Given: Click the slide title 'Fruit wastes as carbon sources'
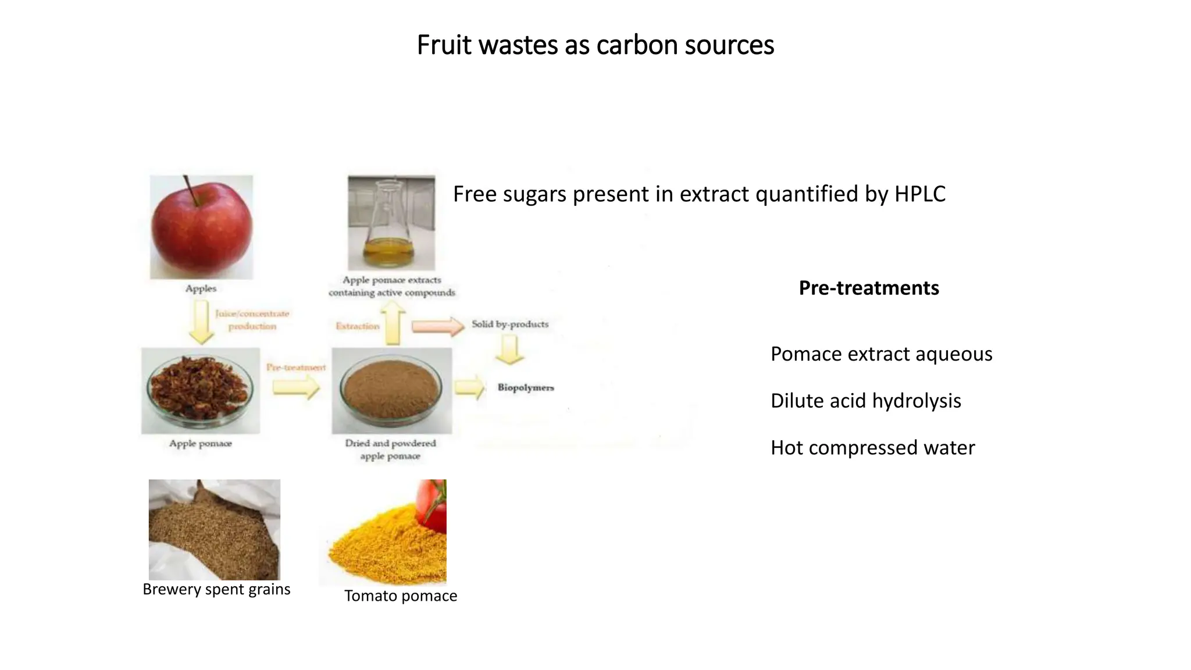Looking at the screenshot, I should click(x=595, y=45).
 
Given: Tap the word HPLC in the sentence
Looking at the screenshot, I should click(x=919, y=194).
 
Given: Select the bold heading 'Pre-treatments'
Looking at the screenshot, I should click(x=869, y=288).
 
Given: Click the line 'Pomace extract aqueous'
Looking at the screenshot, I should click(x=881, y=354).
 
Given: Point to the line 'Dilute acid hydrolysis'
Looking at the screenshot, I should click(x=865, y=401).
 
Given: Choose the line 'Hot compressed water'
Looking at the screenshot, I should click(x=872, y=448).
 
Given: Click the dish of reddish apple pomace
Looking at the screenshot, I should click(x=200, y=390).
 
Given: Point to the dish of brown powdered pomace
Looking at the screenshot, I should click(x=391, y=390).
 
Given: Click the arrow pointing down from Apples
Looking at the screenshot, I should click(x=201, y=322).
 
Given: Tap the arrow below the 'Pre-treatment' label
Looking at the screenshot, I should click(x=296, y=387).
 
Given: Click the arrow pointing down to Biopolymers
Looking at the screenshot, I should click(x=510, y=351).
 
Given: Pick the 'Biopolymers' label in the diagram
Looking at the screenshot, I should click(x=526, y=387).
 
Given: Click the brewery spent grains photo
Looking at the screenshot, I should click(x=214, y=529).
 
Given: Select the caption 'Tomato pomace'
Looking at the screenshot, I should click(x=401, y=596).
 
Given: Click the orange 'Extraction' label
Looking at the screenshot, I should click(x=357, y=326).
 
